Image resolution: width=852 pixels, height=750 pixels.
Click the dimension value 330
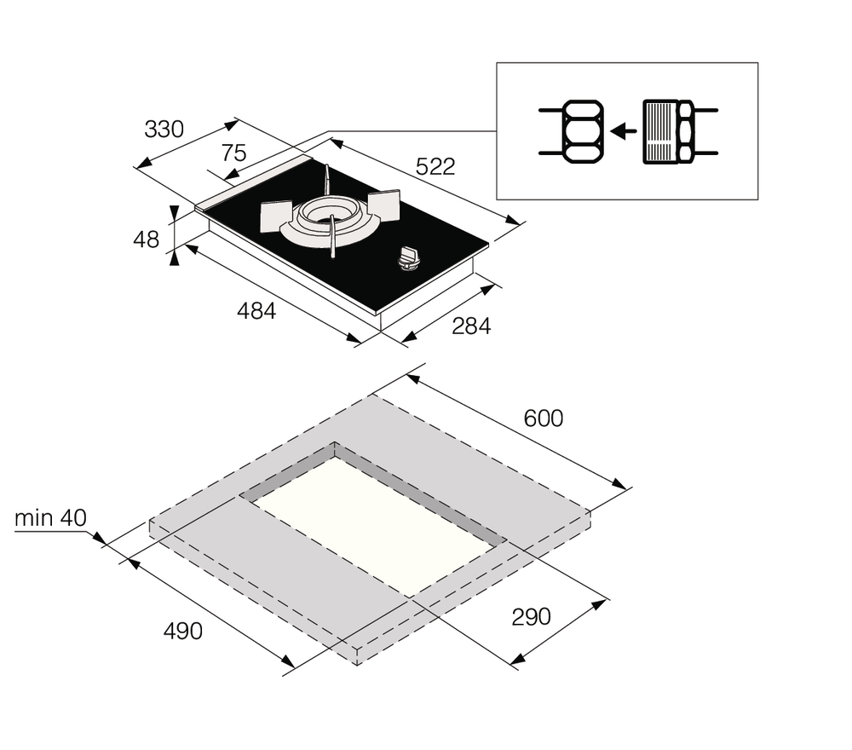click(x=164, y=130)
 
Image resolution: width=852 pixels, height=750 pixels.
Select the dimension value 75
click(x=233, y=153)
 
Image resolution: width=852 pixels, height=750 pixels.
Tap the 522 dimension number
click(x=435, y=167)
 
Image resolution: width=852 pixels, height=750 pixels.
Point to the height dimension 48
click(x=147, y=239)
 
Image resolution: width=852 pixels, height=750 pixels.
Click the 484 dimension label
click(x=256, y=311)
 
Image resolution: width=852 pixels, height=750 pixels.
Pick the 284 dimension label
click(x=470, y=326)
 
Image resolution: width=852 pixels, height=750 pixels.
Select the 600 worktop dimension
click(x=544, y=418)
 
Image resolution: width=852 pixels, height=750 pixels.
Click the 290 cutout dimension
click(x=531, y=616)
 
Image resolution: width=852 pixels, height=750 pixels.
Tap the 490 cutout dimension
click(x=183, y=632)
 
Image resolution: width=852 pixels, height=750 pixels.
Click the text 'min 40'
click(x=50, y=517)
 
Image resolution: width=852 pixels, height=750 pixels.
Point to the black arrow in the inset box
click(x=625, y=131)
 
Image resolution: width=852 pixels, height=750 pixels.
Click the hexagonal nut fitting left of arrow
click(x=581, y=131)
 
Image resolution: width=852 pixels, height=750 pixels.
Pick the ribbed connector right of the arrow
click(x=661, y=131)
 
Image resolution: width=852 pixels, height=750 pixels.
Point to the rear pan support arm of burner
click(x=325, y=182)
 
